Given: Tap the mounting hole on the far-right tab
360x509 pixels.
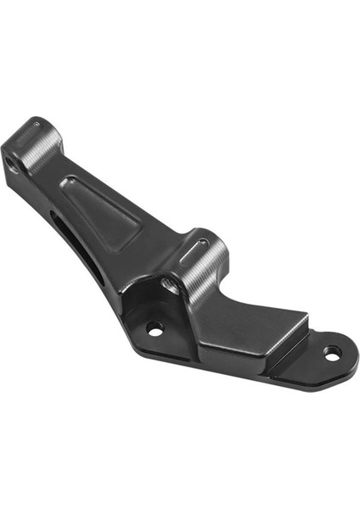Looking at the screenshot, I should coord(333,350).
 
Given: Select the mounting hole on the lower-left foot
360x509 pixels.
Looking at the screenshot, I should coord(155,327).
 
